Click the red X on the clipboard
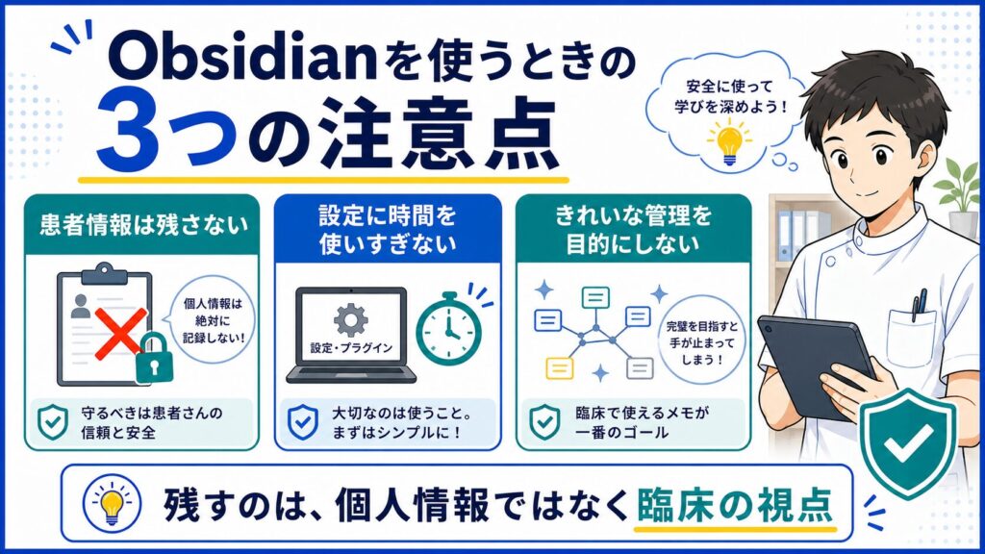(x=120, y=334)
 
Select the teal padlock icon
(x=153, y=358)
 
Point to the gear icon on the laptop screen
(x=350, y=320)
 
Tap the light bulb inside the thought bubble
(x=729, y=140)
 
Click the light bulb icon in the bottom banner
(x=112, y=503)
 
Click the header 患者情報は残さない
(x=143, y=225)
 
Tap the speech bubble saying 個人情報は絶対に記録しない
(x=213, y=320)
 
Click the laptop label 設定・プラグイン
(x=351, y=348)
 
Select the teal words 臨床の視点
(x=734, y=504)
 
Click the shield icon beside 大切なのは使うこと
(x=303, y=421)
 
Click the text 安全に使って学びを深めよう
(x=729, y=95)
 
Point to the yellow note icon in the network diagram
(x=559, y=368)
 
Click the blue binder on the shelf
(x=784, y=235)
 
